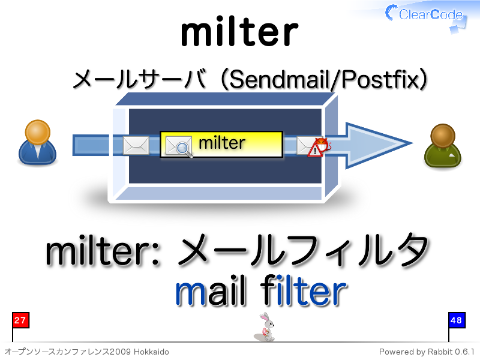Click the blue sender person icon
37,142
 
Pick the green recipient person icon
442,146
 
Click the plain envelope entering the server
136,145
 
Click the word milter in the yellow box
222,143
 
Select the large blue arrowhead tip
412,143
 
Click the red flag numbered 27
20,320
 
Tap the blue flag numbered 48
457,320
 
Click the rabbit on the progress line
266,327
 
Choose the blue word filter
304,290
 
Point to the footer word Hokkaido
151,352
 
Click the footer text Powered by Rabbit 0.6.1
427,352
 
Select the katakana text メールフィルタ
303,250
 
